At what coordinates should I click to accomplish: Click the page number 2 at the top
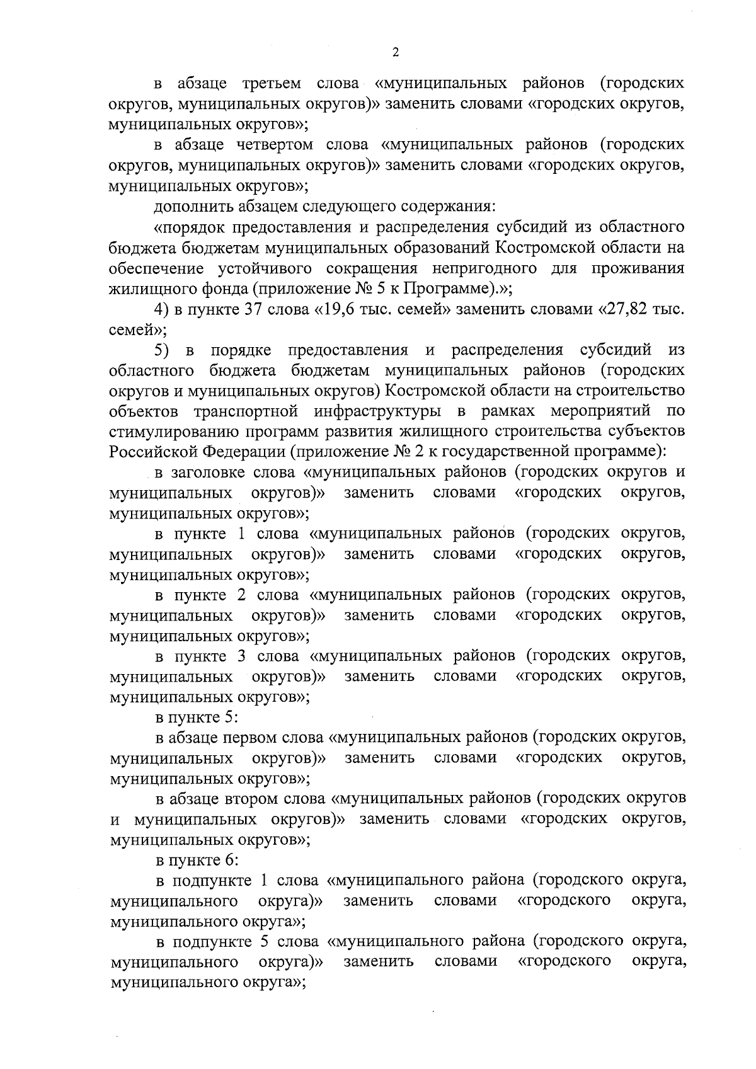click(396, 53)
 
